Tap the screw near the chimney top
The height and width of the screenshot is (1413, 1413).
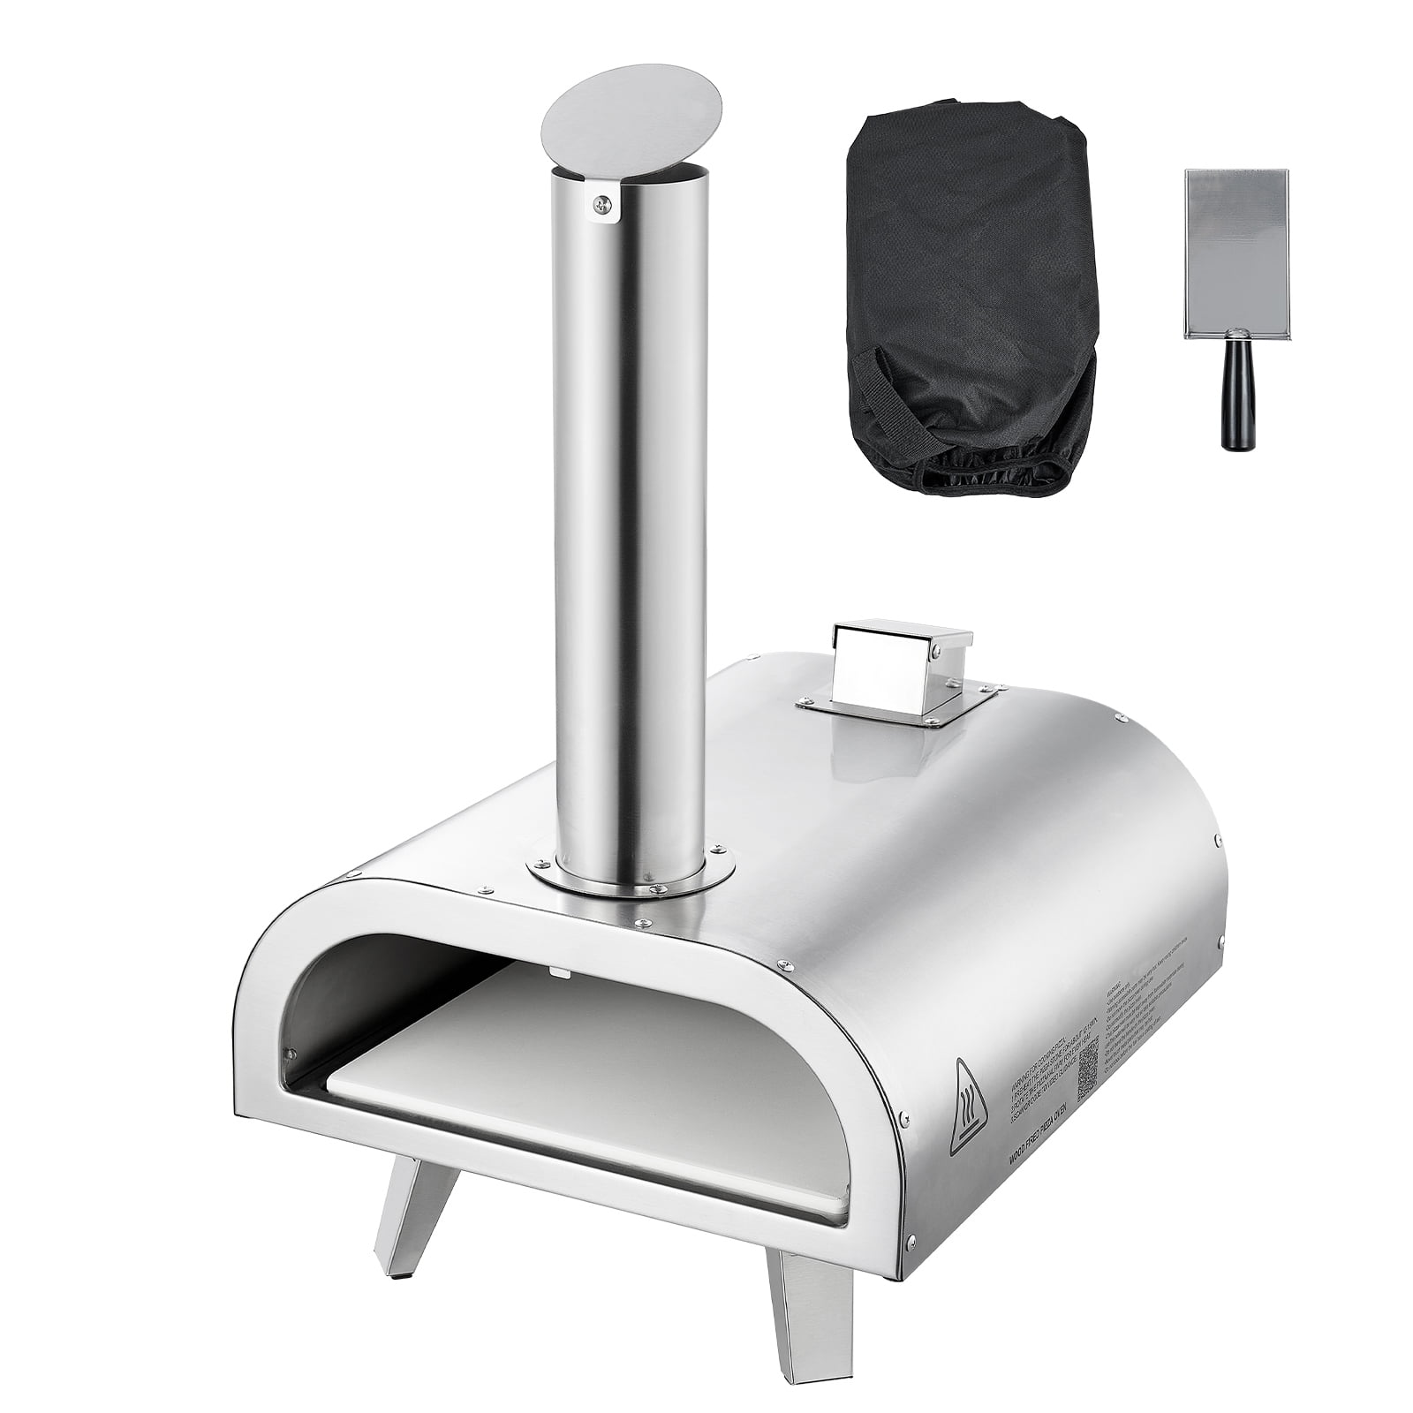(x=601, y=207)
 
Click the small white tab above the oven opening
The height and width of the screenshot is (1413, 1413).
(x=558, y=970)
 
